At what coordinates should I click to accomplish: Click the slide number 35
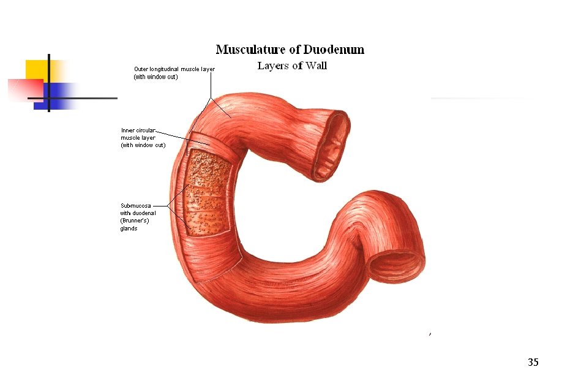click(x=533, y=362)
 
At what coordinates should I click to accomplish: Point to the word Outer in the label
click(x=141, y=69)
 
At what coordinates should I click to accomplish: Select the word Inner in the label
click(x=128, y=131)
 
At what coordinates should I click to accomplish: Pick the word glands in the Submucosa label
click(x=129, y=229)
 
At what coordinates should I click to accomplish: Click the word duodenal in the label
click(x=144, y=213)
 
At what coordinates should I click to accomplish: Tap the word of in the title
click(x=296, y=50)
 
